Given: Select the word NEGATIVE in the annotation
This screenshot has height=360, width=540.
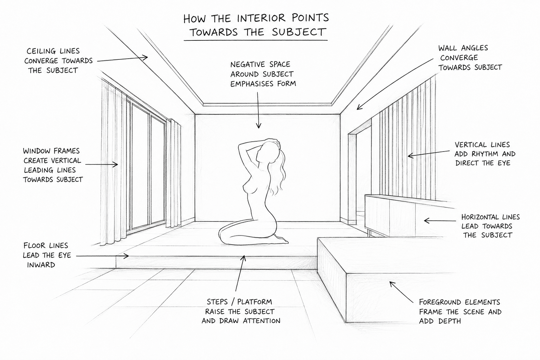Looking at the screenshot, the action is [x=245, y=65].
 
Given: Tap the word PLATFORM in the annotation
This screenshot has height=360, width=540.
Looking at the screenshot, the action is [x=255, y=302].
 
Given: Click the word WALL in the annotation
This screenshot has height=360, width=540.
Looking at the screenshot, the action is [x=448, y=48].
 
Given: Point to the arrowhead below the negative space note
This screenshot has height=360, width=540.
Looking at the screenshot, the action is [x=258, y=126].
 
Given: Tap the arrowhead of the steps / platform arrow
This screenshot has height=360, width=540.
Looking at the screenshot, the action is [x=244, y=258].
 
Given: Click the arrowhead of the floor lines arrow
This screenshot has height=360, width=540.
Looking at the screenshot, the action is [x=126, y=256].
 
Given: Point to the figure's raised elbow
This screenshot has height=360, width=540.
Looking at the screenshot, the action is [x=240, y=146].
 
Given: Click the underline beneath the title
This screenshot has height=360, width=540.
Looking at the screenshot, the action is [x=256, y=40].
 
